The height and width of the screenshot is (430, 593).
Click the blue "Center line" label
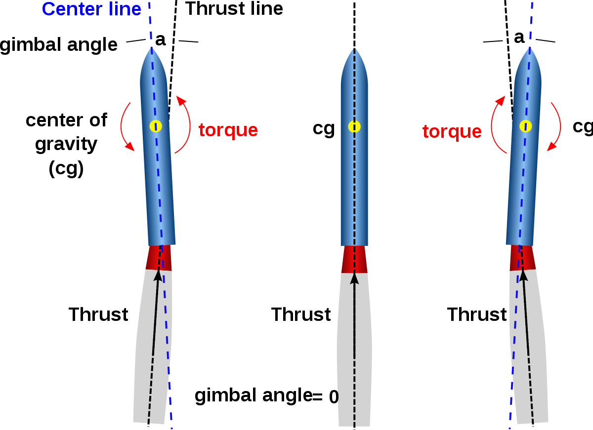click(x=91, y=9)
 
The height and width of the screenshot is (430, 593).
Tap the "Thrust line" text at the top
click(x=234, y=8)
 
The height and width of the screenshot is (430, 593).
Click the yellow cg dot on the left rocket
click(x=156, y=126)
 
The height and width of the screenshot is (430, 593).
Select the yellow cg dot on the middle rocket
click(x=354, y=127)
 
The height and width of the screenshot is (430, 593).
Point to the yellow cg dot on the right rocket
click(x=525, y=126)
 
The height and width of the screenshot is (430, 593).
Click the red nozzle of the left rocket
click(x=159, y=258)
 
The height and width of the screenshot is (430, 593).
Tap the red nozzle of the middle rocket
click(x=354, y=259)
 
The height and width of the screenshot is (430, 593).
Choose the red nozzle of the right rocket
click(x=523, y=258)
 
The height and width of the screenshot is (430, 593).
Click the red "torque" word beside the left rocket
click(x=228, y=130)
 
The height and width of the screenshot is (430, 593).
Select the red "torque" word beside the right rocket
click(x=452, y=132)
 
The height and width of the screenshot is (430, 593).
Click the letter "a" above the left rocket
click(x=161, y=40)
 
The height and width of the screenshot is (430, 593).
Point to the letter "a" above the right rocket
click(x=519, y=38)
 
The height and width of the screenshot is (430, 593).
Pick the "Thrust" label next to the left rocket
click(x=98, y=314)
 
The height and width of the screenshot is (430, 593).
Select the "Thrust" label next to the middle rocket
click(x=301, y=314)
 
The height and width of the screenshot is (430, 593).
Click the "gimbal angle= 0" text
click(x=266, y=396)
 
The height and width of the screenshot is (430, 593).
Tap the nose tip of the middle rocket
click(x=354, y=48)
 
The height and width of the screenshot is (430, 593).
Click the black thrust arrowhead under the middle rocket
click(x=354, y=279)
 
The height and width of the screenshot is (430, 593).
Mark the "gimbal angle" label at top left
click(x=58, y=45)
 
